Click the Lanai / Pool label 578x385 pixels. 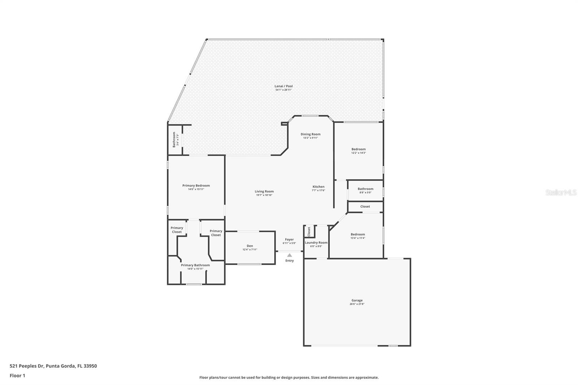tap(284, 86)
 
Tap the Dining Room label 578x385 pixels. tap(310, 134)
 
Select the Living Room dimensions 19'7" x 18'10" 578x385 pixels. tap(264, 195)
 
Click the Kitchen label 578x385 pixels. tap(318, 187)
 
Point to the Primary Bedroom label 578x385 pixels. tap(196, 185)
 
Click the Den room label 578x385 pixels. tap(250, 246)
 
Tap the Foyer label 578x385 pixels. tap(289, 239)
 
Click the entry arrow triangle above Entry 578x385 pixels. tap(289, 255)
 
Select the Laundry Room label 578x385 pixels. tap(316, 242)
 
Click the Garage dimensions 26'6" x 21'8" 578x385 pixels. tap(357, 304)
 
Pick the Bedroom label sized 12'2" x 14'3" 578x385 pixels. tap(358, 149)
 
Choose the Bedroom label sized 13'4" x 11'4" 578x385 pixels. tap(358, 234)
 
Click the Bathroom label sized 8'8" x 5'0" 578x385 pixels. tap(365, 189)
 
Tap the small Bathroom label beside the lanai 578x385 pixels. tap(174, 139)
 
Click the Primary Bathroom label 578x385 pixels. tap(195, 265)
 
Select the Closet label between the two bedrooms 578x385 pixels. tap(365, 207)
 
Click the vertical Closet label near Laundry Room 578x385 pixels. tap(309, 232)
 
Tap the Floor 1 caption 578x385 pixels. tap(17, 376)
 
